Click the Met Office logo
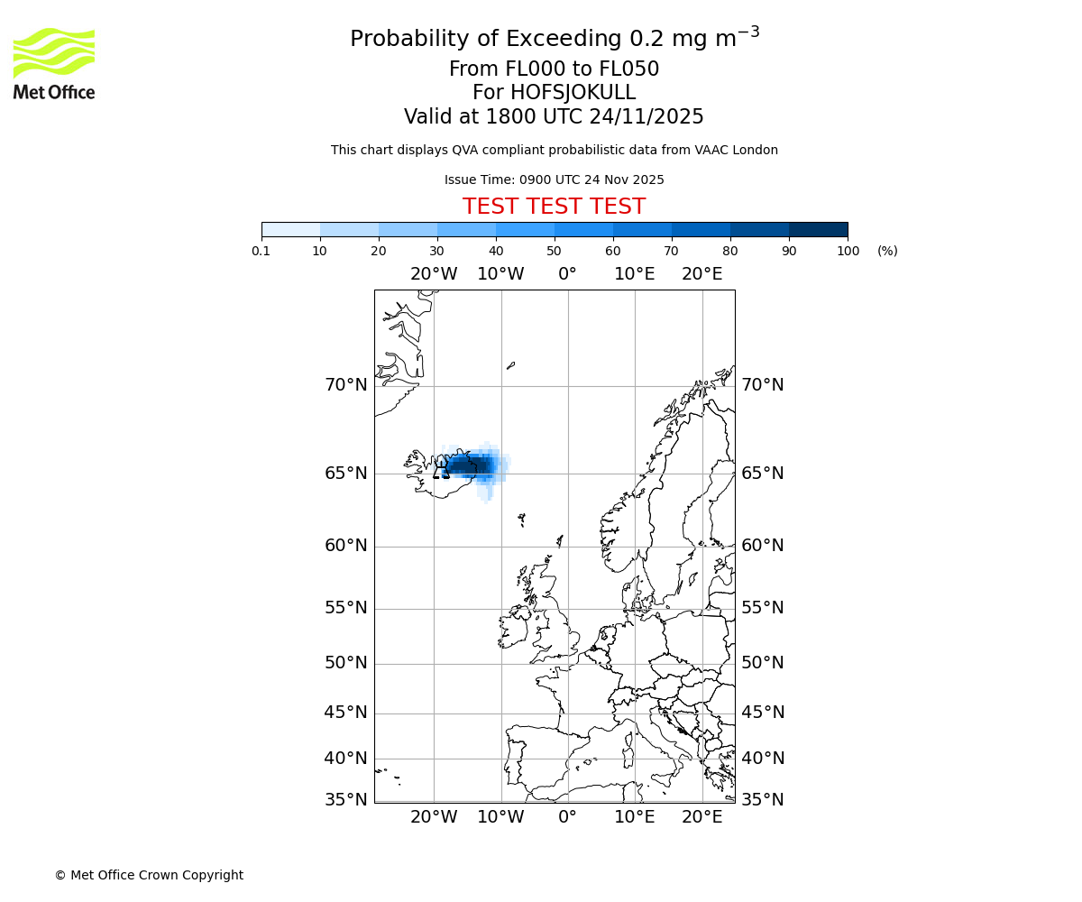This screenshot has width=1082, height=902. [54, 63]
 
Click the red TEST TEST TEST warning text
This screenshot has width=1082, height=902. [554, 207]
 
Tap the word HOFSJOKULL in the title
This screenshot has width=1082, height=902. [573, 93]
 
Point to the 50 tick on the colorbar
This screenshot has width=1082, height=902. [555, 251]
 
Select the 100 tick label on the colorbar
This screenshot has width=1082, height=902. [848, 251]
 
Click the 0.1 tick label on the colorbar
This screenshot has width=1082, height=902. [261, 251]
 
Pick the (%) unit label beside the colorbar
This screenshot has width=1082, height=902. [887, 251]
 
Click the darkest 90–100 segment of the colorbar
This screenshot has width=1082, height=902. [818, 229]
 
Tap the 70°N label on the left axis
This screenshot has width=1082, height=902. [346, 385]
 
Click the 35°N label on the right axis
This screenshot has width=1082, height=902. [763, 799]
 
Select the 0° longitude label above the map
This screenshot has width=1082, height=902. [567, 274]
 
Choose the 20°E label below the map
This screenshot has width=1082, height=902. [701, 817]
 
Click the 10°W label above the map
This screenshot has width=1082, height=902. [500, 274]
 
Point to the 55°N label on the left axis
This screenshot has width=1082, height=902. [346, 608]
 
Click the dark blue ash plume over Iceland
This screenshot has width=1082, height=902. [472, 466]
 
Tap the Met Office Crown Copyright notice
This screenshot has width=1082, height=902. [149, 875]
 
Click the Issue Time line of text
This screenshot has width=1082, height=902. [554, 179]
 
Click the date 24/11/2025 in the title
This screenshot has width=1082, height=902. [646, 116]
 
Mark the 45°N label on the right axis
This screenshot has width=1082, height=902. [763, 713]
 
